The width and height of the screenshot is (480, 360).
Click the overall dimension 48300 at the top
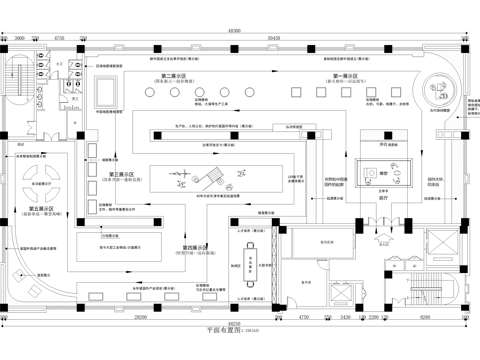pos(235,30)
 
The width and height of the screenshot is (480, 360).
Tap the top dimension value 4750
pos(59,37)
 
